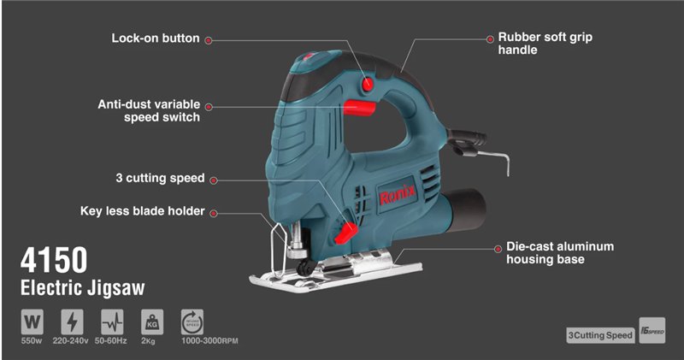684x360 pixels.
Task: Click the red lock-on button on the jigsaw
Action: point(368,84)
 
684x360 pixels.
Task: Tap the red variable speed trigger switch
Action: point(359,108)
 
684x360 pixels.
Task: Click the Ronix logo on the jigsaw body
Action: point(397,194)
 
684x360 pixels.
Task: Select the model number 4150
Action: point(54,260)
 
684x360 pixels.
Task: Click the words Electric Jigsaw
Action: point(82,288)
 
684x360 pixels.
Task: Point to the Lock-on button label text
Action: point(156,38)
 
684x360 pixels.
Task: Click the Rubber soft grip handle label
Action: point(545,44)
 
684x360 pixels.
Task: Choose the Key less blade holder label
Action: point(142,211)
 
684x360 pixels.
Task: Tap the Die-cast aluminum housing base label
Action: point(560,252)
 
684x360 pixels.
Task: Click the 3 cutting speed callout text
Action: point(160,178)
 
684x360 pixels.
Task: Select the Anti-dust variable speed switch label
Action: point(149,111)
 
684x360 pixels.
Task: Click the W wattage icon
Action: point(32,322)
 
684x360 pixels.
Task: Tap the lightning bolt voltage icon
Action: point(72,322)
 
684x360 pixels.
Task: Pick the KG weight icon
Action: point(152,322)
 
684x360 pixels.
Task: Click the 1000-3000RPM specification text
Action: point(209,341)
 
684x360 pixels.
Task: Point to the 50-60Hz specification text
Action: point(111,341)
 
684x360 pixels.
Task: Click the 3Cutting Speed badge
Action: point(600,335)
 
